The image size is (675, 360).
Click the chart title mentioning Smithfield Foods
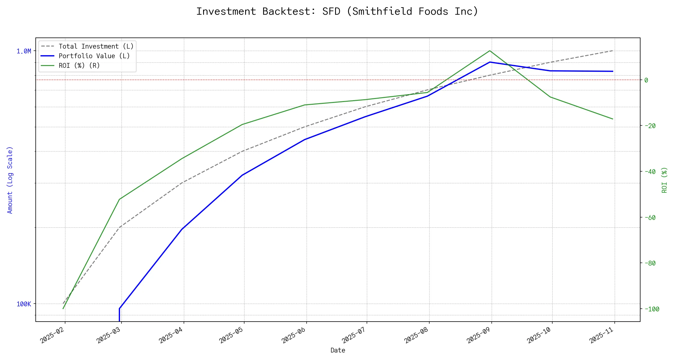tap(337, 11)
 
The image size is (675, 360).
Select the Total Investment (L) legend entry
tap(96, 46)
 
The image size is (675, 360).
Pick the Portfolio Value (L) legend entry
tap(94, 56)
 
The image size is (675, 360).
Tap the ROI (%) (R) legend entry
tap(79, 66)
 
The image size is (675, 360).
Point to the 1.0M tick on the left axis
tap(24, 51)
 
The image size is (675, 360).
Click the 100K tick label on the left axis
tap(24, 304)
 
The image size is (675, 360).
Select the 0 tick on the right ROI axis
tap(646, 80)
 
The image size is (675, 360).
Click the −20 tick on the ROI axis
tap(650, 126)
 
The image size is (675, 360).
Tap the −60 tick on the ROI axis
tap(650, 217)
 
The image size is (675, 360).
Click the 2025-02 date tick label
tap(53, 335)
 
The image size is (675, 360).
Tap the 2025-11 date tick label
tap(602, 335)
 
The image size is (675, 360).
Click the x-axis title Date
tap(338, 350)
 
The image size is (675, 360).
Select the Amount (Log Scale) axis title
tap(10, 180)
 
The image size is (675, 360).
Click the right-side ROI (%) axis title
tap(664, 180)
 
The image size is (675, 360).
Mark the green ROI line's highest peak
tap(490, 51)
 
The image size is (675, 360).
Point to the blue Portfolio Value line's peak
tap(490, 62)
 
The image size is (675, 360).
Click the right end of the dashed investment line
tap(613, 51)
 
